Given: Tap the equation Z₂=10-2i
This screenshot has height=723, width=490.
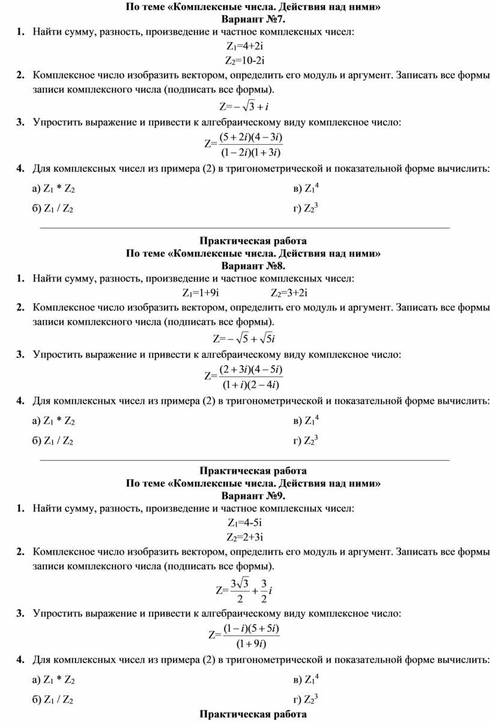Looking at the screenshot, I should (x=245, y=61).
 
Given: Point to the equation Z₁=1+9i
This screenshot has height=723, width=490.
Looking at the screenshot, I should (x=200, y=292).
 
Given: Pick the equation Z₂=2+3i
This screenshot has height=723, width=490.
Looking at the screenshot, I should (x=245, y=537).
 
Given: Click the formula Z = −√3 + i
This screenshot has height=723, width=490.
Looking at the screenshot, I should (x=244, y=107).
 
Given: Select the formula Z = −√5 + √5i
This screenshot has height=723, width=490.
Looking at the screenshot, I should (x=244, y=338).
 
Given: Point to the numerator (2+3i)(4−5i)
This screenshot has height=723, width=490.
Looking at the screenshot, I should (x=250, y=368).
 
